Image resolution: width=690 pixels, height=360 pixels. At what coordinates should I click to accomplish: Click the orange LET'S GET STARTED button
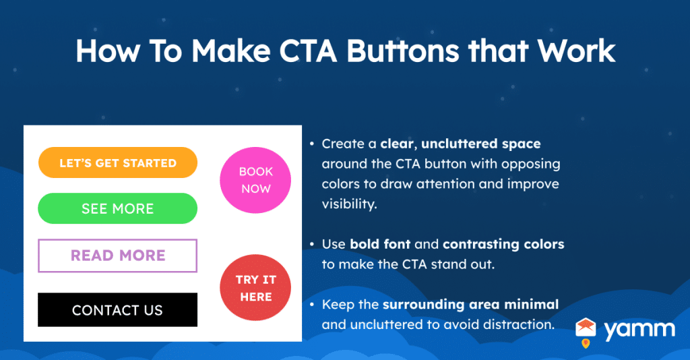click(117, 163)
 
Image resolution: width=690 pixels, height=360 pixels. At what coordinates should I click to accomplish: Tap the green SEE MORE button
click(117, 208)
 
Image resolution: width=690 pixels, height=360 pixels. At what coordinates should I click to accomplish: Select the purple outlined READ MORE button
click(117, 256)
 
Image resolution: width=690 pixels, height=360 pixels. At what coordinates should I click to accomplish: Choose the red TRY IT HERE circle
click(255, 289)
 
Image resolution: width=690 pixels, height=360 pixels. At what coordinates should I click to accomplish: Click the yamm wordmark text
click(639, 330)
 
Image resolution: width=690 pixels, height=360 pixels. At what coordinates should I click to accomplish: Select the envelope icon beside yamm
click(586, 328)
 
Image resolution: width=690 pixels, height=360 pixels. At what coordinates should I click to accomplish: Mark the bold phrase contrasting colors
click(503, 244)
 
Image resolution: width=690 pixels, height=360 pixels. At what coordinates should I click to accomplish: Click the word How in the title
click(102, 52)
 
